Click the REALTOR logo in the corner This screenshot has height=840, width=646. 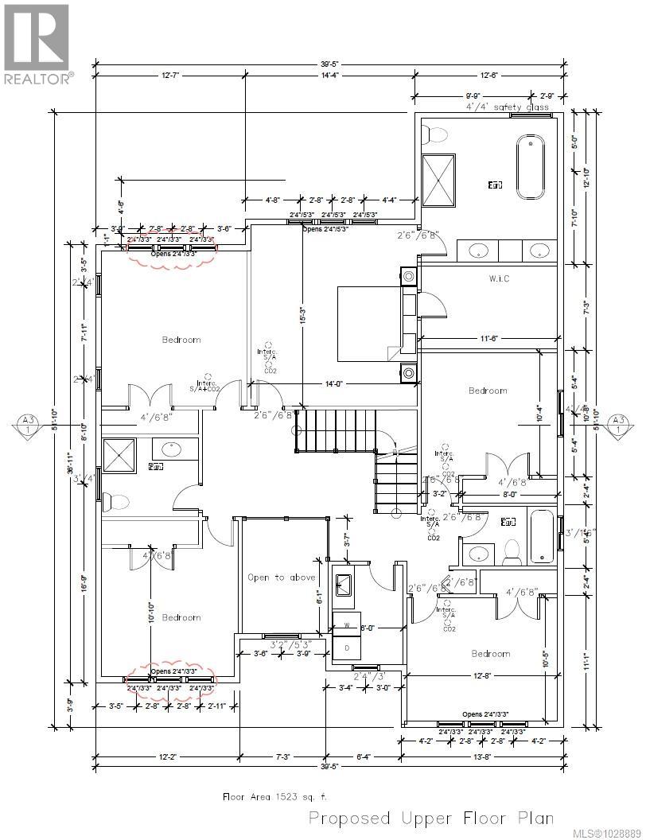[37, 44]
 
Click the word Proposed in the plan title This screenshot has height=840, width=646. [349, 818]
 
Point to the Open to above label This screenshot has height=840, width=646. [281, 577]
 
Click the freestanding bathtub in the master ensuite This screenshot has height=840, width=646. [531, 168]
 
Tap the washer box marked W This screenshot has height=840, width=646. [346, 625]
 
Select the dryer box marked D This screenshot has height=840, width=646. [346, 648]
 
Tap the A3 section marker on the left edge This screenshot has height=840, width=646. [29, 423]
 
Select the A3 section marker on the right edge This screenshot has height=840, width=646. [617, 423]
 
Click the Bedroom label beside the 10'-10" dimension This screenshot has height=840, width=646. [181, 617]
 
